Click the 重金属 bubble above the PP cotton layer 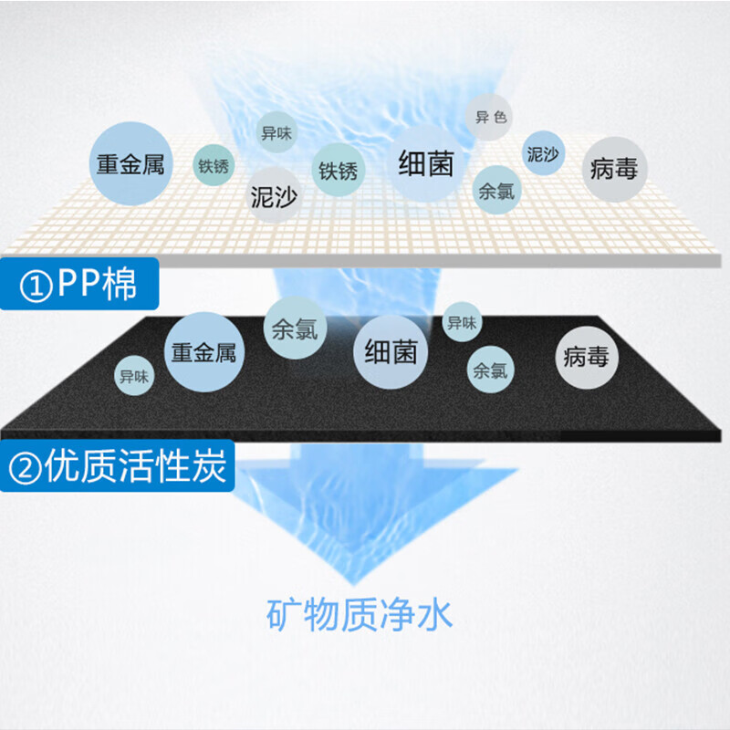click(130, 163)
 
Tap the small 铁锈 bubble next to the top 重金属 click(214, 167)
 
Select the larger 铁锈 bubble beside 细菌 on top click(338, 170)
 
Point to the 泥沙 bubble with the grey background click(274, 194)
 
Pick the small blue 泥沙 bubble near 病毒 click(543, 153)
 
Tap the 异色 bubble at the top click(491, 118)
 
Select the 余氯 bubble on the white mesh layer click(496, 192)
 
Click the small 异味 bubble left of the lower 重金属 click(135, 375)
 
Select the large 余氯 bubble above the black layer click(295, 328)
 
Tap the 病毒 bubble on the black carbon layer click(586, 357)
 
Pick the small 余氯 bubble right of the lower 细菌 click(491, 370)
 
